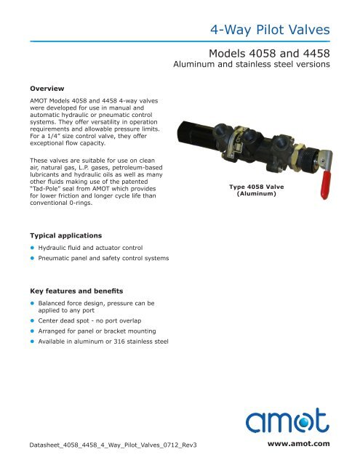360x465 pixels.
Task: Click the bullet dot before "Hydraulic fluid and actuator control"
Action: pyautogui.click(x=32, y=248)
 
